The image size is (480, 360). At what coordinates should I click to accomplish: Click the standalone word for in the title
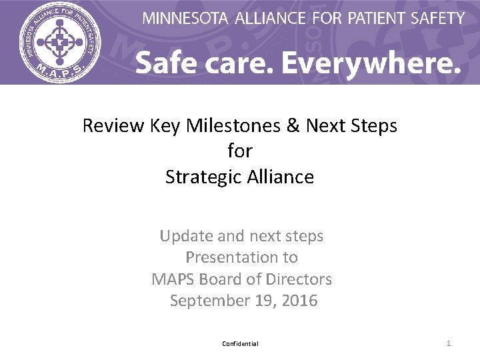240,151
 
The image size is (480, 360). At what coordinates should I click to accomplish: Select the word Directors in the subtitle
299,279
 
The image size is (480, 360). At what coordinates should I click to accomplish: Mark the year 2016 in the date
299,301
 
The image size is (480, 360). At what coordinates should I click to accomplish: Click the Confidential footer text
240,344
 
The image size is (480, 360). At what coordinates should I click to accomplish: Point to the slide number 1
449,343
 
